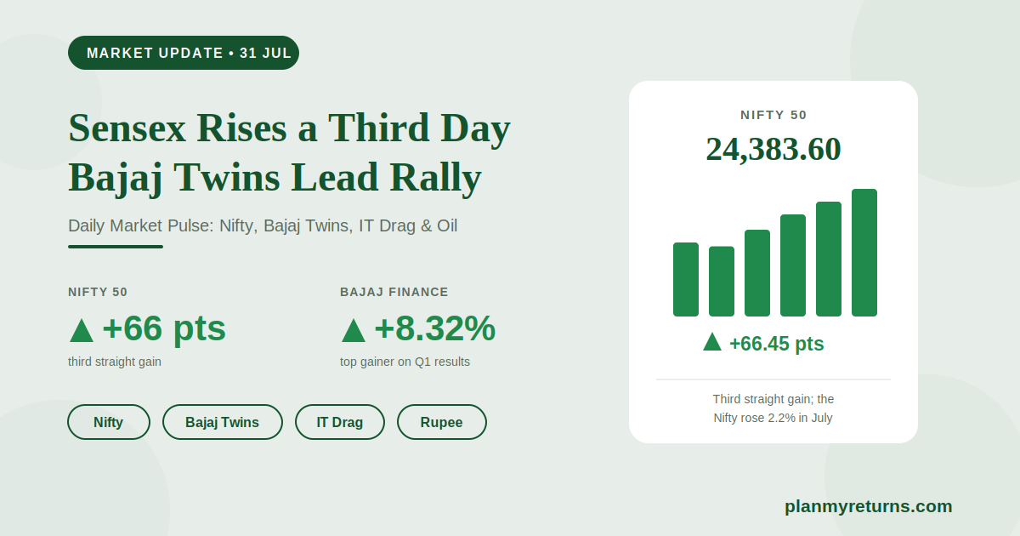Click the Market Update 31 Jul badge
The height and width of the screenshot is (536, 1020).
[x=184, y=53]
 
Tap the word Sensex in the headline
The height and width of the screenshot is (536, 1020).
[x=127, y=128]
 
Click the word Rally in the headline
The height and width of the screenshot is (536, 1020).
[x=435, y=178]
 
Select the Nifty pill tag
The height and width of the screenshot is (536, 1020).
[x=109, y=422]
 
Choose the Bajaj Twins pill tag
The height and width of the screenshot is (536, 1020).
[x=222, y=422]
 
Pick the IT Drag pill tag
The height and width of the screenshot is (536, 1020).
[x=340, y=422]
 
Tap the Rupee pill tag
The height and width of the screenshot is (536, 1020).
[x=442, y=422]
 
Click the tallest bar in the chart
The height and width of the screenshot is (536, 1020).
[x=864, y=253]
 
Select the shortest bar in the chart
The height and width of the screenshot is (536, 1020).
[x=722, y=282]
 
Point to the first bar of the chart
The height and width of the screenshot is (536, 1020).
[x=686, y=279]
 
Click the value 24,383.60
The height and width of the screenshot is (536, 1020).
[x=773, y=149]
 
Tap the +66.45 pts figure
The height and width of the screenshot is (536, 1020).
[x=776, y=344]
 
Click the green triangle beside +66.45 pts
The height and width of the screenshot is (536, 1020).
[x=712, y=343]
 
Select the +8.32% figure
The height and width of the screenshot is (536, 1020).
[x=434, y=328]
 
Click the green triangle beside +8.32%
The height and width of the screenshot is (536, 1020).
[x=354, y=331]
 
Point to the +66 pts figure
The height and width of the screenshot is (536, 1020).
[x=164, y=329]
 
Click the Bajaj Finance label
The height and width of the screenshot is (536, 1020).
[x=394, y=292]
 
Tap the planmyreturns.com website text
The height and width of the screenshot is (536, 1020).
[x=869, y=507]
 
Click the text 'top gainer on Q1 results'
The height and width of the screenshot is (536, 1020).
[x=405, y=362]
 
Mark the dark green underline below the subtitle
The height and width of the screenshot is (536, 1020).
[x=116, y=247]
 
